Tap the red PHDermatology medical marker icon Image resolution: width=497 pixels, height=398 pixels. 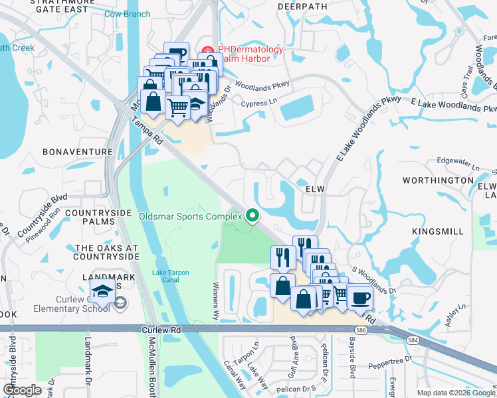click(x=208, y=50)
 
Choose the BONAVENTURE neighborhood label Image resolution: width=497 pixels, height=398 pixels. click(x=78, y=152)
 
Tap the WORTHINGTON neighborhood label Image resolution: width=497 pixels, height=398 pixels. click(x=437, y=180)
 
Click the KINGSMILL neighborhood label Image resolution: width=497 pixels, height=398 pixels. click(x=439, y=232)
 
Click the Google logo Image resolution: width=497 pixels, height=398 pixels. click(x=23, y=389)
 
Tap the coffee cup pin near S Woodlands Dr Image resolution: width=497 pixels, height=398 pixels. click(x=359, y=299)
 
